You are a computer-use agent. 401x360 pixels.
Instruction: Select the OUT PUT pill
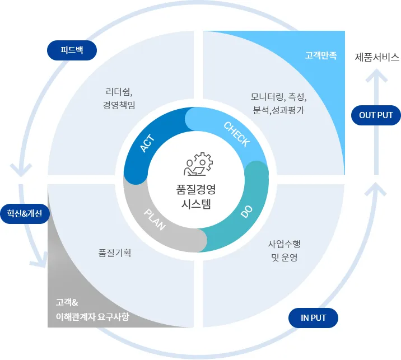[376, 115]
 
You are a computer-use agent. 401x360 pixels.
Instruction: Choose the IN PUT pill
[314, 318]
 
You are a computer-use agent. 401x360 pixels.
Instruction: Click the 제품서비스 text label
[377, 57]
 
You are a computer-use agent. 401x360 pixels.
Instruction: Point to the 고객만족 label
[321, 56]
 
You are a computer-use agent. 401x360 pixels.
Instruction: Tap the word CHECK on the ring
[236, 134]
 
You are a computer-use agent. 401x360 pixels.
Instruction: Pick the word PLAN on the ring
[155, 219]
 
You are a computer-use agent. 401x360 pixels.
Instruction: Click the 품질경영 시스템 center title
[196, 196]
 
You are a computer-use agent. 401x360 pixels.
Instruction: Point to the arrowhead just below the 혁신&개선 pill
[40, 261]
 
